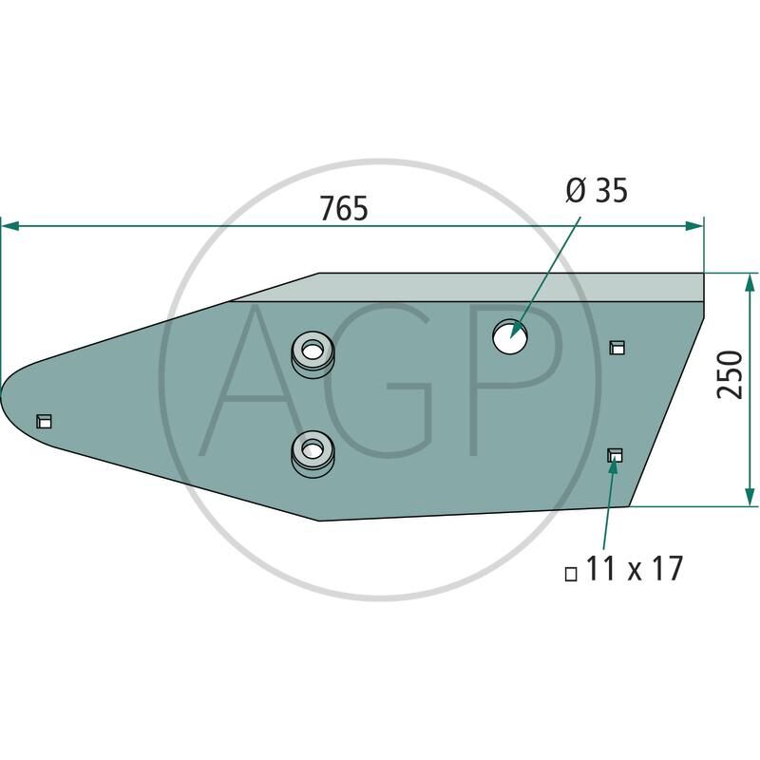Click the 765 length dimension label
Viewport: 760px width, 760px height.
(343, 208)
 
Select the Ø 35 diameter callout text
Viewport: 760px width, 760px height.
(596, 191)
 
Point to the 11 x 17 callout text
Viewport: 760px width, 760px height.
(635, 570)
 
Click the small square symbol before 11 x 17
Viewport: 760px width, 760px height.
(571, 574)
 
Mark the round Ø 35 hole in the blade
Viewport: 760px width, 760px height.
(509, 336)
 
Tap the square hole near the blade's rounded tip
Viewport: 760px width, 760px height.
(43, 421)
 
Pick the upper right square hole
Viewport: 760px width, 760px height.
(617, 347)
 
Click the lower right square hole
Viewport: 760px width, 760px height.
(615, 456)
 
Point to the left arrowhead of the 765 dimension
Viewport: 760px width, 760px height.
(9, 226)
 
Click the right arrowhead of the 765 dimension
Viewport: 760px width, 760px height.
(695, 226)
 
